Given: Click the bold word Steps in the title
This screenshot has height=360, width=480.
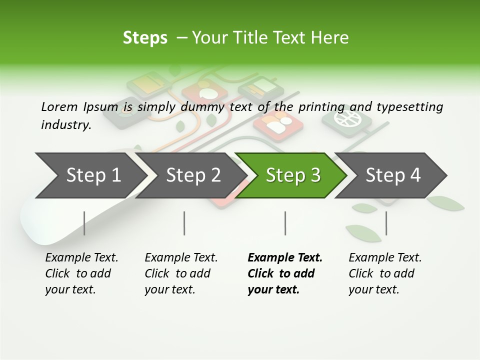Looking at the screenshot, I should (x=145, y=37).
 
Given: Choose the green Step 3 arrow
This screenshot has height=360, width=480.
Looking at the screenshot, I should (x=293, y=175).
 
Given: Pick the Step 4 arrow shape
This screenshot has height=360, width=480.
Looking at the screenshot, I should (x=393, y=175).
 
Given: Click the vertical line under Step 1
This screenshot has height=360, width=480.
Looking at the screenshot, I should (x=84, y=223).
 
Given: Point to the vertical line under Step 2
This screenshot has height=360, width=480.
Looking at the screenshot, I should (x=184, y=223).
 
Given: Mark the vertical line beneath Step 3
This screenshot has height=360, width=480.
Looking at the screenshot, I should (x=285, y=223).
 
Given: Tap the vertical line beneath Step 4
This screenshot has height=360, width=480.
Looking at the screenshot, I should (x=386, y=223).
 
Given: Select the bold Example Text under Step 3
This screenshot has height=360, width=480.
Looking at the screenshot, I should (x=284, y=273).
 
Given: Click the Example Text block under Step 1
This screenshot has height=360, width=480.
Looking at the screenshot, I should (x=81, y=273).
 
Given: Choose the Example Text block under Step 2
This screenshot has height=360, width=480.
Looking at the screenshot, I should (x=181, y=273).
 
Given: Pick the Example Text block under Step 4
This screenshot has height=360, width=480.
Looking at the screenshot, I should (x=385, y=273).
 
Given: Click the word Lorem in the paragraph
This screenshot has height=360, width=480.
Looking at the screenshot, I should (x=59, y=106).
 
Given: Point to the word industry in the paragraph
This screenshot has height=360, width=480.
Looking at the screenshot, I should (x=66, y=124).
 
